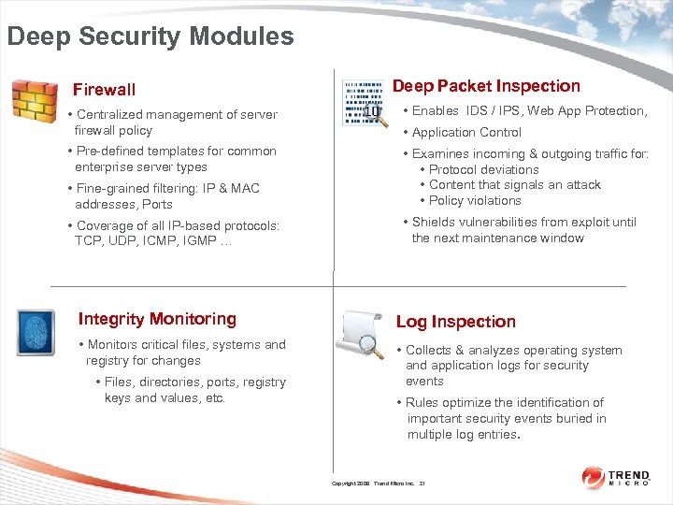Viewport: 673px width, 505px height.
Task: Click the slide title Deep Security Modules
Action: coord(150,36)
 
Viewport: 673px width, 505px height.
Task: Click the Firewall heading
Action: coord(104,90)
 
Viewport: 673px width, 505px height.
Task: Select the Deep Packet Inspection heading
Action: coord(486,86)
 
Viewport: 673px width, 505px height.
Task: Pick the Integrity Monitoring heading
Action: coord(157,319)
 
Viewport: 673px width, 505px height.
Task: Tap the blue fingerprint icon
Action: coord(36,332)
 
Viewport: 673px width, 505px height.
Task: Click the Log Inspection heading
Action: coord(455,322)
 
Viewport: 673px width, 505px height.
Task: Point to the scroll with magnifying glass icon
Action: coord(360,334)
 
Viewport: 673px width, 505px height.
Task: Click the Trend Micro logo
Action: coord(616,478)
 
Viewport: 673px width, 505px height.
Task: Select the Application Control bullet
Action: coord(466,133)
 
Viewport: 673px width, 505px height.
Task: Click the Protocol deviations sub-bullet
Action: coord(483,169)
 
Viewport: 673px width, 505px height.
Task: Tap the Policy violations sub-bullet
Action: coord(475,200)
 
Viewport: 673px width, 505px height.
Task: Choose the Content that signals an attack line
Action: coord(514,184)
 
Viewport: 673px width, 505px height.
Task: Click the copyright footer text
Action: coord(379,483)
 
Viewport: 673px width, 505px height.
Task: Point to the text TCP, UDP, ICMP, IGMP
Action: coord(153,241)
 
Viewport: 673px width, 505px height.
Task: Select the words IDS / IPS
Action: coord(492,110)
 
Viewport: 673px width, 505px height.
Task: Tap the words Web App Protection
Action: coord(587,110)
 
